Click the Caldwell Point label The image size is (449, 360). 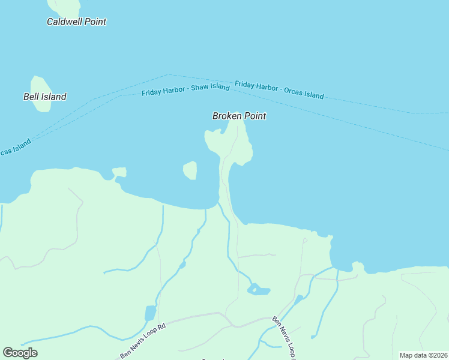coord(76,22)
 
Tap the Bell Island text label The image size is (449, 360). coord(44,97)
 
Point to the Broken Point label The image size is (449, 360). coord(239,116)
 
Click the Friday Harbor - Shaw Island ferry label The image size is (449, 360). coord(185,90)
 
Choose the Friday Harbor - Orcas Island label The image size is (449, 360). coord(279,91)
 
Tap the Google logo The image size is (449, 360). coord(20,352)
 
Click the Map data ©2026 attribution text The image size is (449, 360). coord(423,355)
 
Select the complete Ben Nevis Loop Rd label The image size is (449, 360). coord(142,341)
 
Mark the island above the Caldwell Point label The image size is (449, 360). coord(65,6)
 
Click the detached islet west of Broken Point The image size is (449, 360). coord(190,170)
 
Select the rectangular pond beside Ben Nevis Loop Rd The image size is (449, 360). coord(150,313)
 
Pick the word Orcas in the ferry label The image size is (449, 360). coord(286,91)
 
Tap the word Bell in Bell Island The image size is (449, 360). coord(32,97)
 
